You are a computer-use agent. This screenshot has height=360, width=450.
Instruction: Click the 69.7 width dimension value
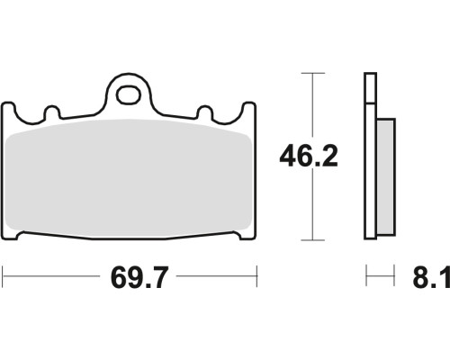point(139,277)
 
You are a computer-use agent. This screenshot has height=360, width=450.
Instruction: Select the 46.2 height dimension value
point(309,156)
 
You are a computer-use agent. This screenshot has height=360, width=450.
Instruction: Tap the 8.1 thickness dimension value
point(431,277)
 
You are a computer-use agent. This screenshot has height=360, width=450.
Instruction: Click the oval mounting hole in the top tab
point(129,95)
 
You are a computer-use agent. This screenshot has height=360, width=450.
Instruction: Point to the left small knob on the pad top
point(52,112)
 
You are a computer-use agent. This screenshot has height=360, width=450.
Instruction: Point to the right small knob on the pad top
point(205,112)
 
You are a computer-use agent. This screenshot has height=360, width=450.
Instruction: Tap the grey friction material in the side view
point(386,176)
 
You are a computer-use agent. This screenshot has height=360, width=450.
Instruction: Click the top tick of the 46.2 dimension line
point(313,73)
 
